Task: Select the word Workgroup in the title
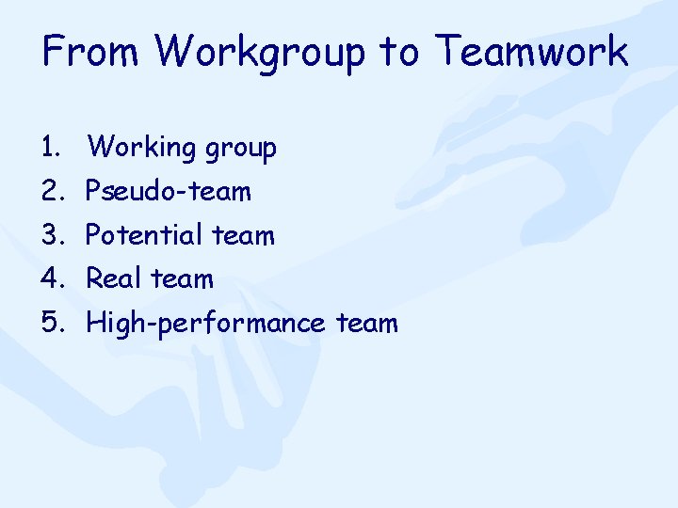pyautogui.click(x=256, y=53)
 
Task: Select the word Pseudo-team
pyautogui.click(x=169, y=192)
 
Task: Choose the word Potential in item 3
pyautogui.click(x=144, y=235)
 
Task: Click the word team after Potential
pyautogui.click(x=243, y=235)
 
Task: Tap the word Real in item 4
pyautogui.click(x=114, y=279)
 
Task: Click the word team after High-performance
pyautogui.click(x=367, y=324)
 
